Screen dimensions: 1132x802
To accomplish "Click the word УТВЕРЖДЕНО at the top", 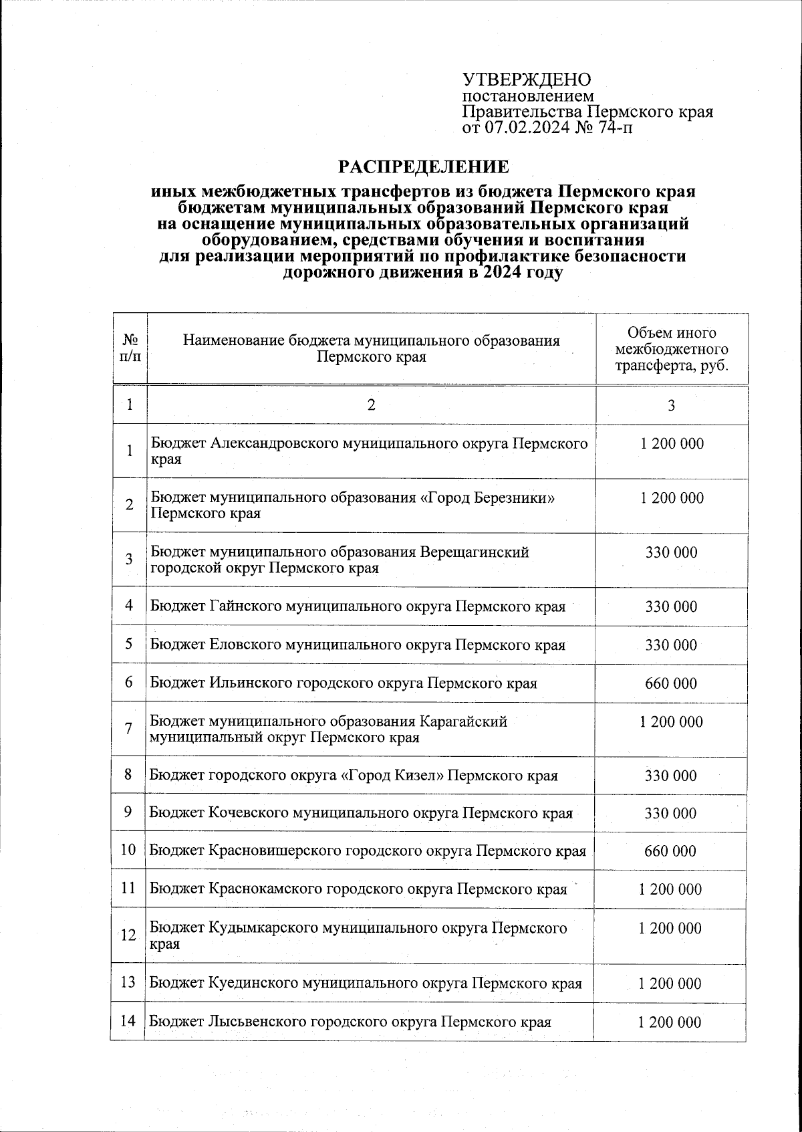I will [x=527, y=80].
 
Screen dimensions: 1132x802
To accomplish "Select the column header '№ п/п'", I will [x=130, y=348].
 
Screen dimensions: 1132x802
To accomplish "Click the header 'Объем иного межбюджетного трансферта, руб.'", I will [x=671, y=349].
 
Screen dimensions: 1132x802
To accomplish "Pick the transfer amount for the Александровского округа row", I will [x=671, y=444].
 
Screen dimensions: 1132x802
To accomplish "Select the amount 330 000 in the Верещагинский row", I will [x=671, y=552].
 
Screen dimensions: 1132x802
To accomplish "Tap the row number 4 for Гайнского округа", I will [x=129, y=606].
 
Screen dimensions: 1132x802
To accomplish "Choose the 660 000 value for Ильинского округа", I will [x=671, y=683].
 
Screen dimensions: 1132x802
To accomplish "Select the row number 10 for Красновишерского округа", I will [x=128, y=851].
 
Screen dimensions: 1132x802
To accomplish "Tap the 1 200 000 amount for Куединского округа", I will [x=670, y=984].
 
